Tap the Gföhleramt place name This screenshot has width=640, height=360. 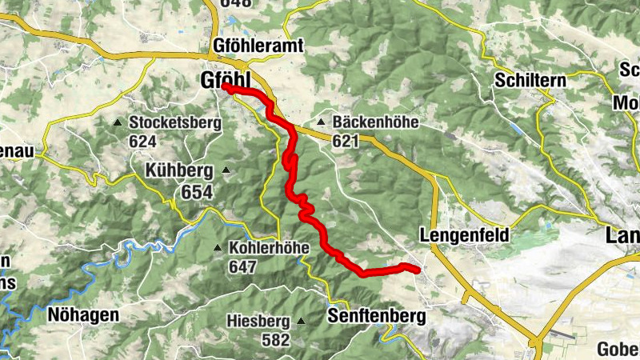point(258,46)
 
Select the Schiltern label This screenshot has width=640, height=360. point(530,81)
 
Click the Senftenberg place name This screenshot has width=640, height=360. point(376,317)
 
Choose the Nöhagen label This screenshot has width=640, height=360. point(82,315)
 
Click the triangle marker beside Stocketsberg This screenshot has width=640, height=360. point(118,122)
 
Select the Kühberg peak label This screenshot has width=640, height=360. point(178,170)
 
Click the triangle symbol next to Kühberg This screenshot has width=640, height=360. point(226,170)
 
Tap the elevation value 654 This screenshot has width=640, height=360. point(196,192)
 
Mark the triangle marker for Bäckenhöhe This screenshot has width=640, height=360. point(321,122)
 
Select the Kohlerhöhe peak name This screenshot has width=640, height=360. point(269,247)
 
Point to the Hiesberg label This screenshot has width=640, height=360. point(257,321)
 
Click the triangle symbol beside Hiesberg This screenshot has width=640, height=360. point(302,321)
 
